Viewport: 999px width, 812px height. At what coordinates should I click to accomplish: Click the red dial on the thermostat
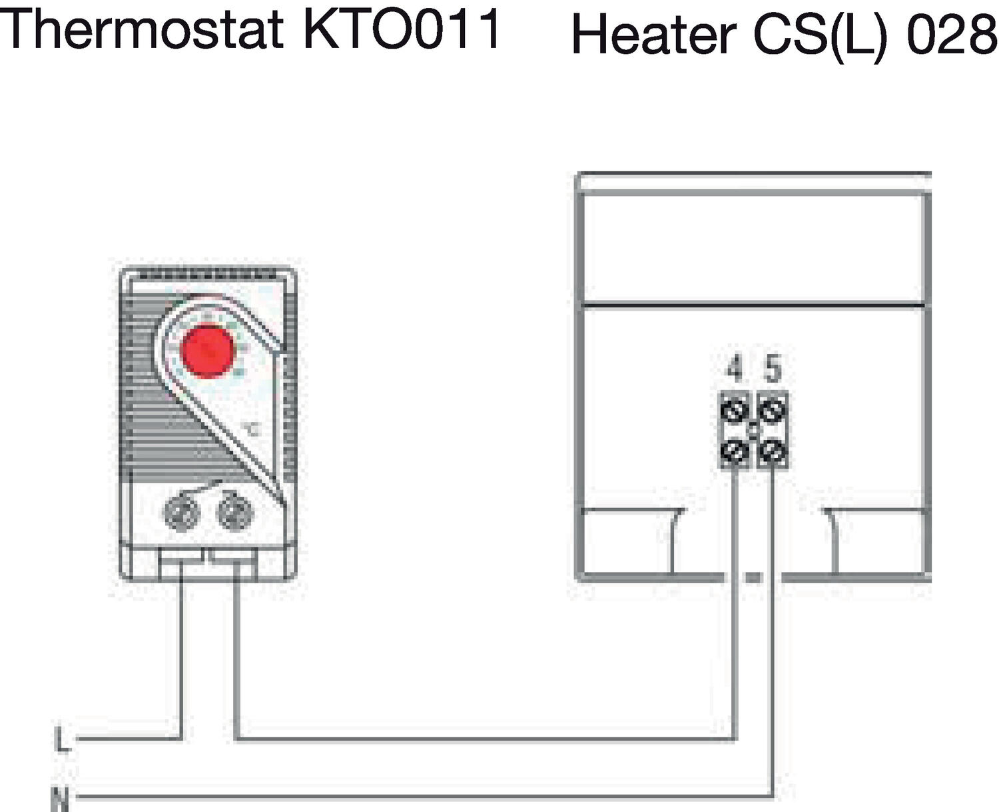208,351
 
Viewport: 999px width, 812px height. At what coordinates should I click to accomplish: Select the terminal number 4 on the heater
734,369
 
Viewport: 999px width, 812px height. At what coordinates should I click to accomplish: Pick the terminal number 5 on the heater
773,369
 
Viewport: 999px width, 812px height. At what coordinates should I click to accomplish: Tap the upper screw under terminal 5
773,410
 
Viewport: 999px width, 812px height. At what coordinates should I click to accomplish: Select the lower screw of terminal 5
773,452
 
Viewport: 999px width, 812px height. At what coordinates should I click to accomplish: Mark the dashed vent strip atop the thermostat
207,274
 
